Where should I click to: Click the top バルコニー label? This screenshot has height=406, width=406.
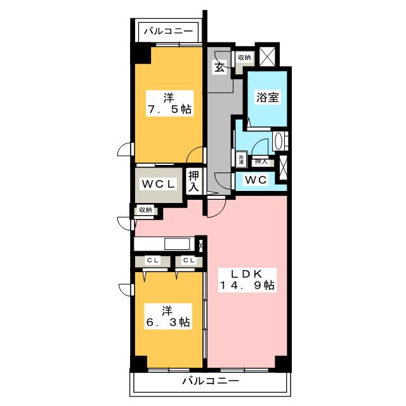pos(169,31)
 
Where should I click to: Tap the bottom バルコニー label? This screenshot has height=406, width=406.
pos(211,381)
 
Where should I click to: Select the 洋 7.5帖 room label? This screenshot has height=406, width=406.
pos(169,103)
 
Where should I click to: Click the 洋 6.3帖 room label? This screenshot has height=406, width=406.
pos(168,317)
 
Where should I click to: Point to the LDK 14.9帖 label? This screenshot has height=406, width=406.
pos(247,280)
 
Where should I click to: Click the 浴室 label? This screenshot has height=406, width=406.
pos(267,97)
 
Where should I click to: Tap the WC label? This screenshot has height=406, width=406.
pos(256,180)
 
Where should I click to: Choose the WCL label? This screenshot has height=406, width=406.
pos(159,184)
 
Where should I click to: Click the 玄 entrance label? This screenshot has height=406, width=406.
pos(220,67)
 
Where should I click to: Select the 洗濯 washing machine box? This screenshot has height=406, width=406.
pos(241,159)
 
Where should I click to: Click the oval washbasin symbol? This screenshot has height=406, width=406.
pos(278,141)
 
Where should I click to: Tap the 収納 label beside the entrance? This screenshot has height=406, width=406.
pos(244,58)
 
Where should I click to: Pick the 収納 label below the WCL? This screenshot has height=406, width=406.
pos(145,209)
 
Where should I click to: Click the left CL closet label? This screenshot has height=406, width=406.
pos(153,261)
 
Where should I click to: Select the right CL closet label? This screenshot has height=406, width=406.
pos(189,261)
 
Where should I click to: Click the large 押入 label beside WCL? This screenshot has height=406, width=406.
pos(194,181)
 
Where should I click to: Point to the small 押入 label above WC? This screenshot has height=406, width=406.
pos(261,162)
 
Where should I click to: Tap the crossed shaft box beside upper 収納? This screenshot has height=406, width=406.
pos(267,56)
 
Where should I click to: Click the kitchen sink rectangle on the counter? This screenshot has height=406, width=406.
pos(177,244)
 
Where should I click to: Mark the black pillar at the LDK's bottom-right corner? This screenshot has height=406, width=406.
pos(282,362)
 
